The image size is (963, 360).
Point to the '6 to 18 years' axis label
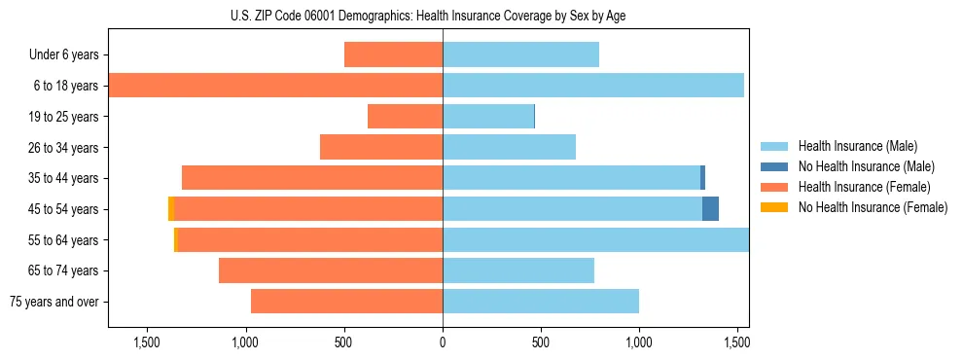click(65, 86)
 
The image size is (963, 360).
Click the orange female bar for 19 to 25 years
click(405, 117)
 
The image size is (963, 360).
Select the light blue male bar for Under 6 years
click(520, 54)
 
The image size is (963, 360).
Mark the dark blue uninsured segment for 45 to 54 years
click(710, 209)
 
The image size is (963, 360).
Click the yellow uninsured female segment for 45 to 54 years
click(170, 209)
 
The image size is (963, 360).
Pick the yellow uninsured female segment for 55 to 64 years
click(175, 239)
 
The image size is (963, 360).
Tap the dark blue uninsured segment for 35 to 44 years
click(702, 178)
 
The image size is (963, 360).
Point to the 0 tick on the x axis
click(443, 342)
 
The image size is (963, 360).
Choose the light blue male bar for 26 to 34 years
click(509, 147)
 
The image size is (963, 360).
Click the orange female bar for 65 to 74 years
click(331, 270)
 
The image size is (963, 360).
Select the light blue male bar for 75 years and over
click(541, 302)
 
